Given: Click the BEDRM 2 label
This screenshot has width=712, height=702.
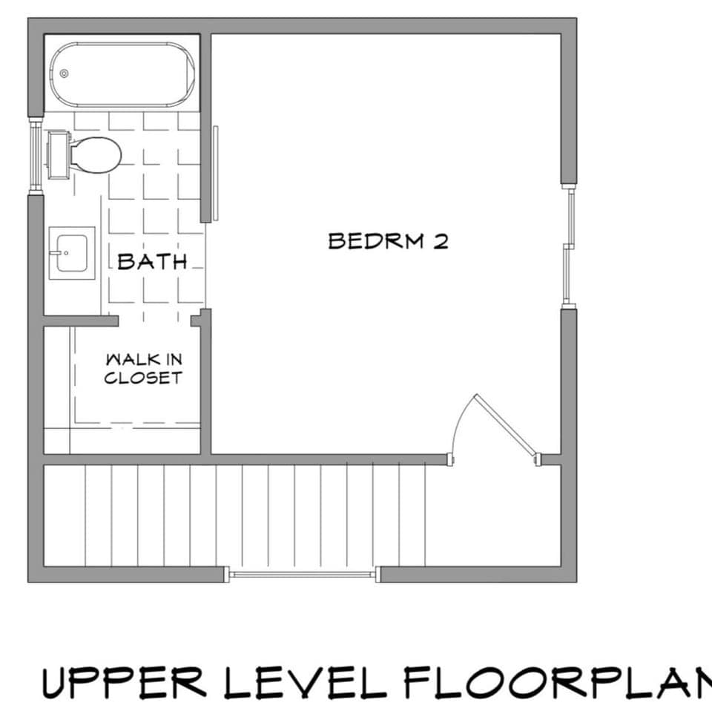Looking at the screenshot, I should pyautogui.click(x=388, y=241).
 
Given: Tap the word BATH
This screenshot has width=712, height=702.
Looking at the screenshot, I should pyautogui.click(x=151, y=261).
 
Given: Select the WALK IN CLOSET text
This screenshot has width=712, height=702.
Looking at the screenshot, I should pyautogui.click(x=143, y=369).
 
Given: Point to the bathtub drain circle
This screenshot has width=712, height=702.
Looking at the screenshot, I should pyautogui.click(x=65, y=73).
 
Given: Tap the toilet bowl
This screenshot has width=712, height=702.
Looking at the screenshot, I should pyautogui.click(x=96, y=154).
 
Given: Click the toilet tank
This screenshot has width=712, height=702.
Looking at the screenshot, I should pyautogui.click(x=58, y=154).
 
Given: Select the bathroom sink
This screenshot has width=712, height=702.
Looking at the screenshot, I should pyautogui.click(x=71, y=253).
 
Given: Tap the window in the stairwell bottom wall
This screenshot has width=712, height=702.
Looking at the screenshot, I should pyautogui.click(x=302, y=574).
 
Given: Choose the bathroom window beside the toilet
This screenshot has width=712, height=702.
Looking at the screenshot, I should pyautogui.click(x=35, y=154).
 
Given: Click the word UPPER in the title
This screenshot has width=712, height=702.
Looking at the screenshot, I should pyautogui.click(x=122, y=681).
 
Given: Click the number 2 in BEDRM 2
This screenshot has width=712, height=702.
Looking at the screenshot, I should pyautogui.click(x=441, y=242).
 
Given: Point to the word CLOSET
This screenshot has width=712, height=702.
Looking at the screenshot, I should pyautogui.click(x=143, y=378).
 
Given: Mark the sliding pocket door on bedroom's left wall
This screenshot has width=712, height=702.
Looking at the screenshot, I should pyautogui.click(x=216, y=173).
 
